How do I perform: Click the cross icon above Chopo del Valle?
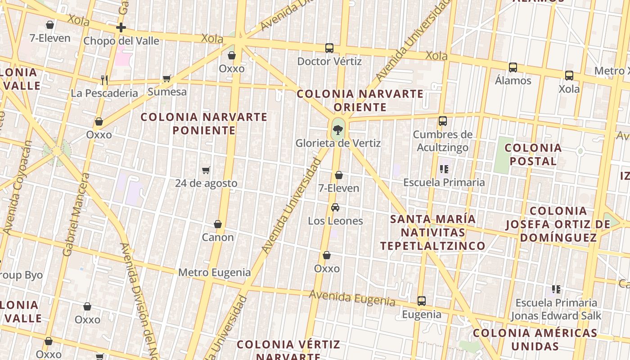tap(121, 28)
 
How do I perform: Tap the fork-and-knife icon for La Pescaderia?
tap(104, 80)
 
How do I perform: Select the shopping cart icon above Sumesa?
tap(166, 79)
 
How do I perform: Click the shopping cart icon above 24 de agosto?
tap(206, 170)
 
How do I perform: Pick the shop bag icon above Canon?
tap(218, 224)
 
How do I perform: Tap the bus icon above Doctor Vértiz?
tap(329, 48)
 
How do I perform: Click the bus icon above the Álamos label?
tap(513, 67)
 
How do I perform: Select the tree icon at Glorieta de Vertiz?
tap(338, 130)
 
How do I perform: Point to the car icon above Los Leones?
tap(335, 207)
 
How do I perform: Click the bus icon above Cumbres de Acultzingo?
tap(443, 121)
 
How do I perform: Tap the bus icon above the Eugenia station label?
tap(422, 301)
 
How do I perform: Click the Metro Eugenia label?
tap(215, 272)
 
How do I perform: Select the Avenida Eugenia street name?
tap(352, 298)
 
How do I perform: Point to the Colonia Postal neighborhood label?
tap(533, 154)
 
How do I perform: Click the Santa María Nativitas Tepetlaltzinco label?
tap(432, 232)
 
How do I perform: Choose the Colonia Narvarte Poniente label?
tap(204, 124)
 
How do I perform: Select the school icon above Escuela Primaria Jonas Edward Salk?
tap(556, 289)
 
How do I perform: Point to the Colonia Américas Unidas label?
tap(535, 340)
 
